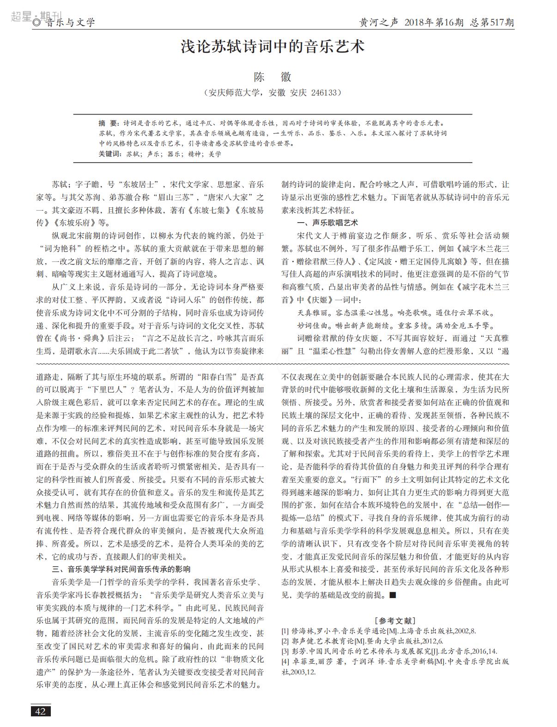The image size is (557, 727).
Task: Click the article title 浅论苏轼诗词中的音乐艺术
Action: (272, 47)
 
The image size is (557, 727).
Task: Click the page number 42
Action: (41, 711)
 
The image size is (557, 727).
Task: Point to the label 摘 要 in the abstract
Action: (109, 123)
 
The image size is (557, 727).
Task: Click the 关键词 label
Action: (109, 154)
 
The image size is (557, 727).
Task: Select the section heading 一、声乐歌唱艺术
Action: (327, 223)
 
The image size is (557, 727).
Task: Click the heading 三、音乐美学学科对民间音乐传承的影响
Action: (121, 569)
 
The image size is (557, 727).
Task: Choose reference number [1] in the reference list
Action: (285, 630)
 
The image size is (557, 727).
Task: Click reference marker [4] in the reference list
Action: (285, 661)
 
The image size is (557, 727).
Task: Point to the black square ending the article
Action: (393, 595)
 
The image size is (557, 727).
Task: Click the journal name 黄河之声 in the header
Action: (378, 22)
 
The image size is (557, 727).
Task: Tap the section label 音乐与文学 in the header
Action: (70, 23)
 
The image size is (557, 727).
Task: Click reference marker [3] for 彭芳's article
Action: (285, 651)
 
